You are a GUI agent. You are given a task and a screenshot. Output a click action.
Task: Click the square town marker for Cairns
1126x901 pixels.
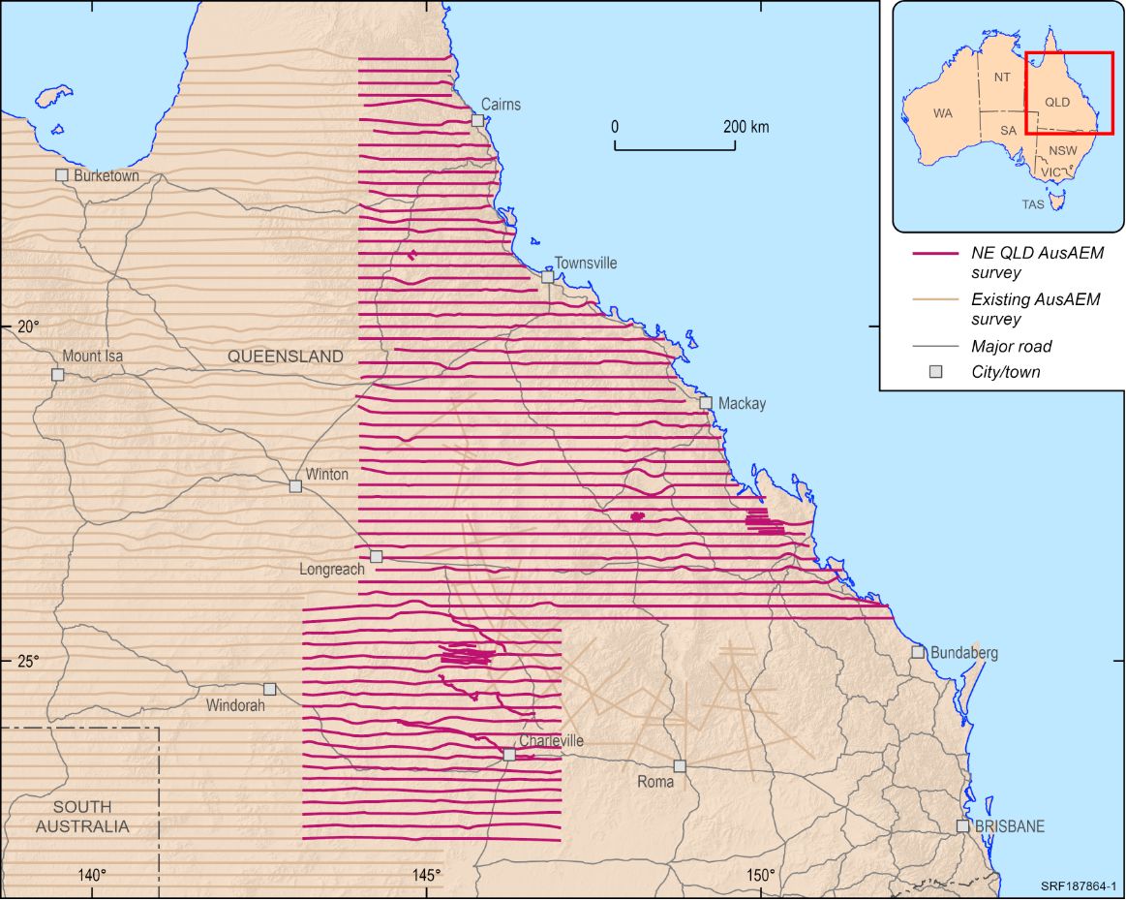[x=477, y=120]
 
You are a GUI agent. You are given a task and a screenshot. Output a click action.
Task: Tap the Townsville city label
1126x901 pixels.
[x=585, y=264]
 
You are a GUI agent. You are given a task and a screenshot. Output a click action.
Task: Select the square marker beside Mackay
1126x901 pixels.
[x=706, y=402]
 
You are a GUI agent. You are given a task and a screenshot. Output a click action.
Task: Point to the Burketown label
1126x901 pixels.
[x=107, y=176]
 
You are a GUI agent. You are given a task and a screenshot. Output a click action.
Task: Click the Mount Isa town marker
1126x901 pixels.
[x=57, y=374]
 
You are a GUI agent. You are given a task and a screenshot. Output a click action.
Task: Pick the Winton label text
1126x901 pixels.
[x=326, y=475]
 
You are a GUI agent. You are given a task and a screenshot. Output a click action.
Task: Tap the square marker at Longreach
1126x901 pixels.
[x=376, y=556]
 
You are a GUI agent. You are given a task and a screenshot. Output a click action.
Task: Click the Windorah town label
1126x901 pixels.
[x=234, y=706]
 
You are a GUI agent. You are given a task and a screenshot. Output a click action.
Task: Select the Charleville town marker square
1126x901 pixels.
[x=508, y=754]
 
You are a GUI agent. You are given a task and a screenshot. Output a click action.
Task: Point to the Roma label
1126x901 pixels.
[x=654, y=781]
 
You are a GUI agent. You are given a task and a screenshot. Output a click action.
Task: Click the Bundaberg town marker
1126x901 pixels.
[x=917, y=652]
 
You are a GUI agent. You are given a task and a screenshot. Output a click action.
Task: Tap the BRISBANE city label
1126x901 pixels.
[x=1010, y=826]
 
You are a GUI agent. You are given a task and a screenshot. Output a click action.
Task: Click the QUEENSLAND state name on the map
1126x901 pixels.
[x=286, y=357]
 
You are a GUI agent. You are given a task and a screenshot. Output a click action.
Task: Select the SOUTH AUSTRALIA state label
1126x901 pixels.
[x=82, y=817]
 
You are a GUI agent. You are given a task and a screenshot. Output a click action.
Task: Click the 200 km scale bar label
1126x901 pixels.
[x=746, y=127]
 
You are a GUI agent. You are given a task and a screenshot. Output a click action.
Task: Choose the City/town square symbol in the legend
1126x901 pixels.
[x=934, y=372]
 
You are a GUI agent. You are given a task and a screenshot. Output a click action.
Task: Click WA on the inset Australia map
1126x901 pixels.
[x=942, y=113]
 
